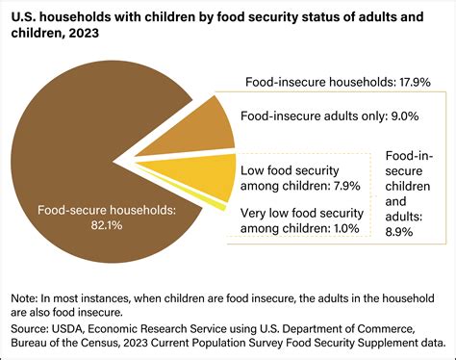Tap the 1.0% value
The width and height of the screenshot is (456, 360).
[343, 228]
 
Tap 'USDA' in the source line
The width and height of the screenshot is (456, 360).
[75, 327]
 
